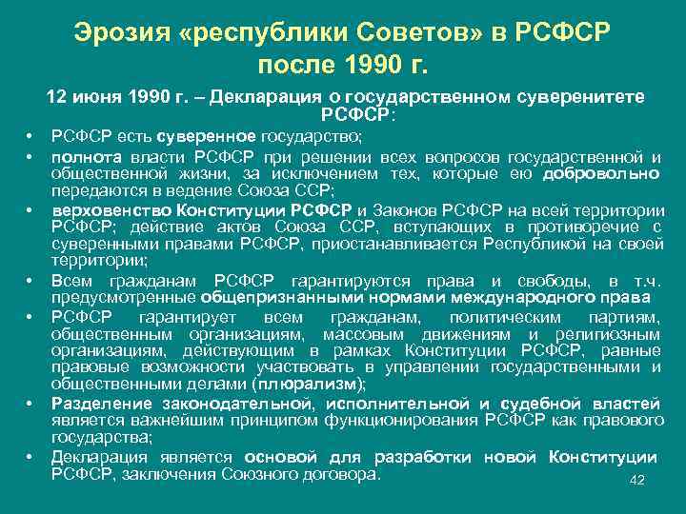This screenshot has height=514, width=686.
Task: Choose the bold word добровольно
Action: (x=601, y=173)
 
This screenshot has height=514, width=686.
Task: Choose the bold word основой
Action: (x=276, y=458)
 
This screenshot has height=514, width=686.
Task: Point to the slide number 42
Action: (x=637, y=481)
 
